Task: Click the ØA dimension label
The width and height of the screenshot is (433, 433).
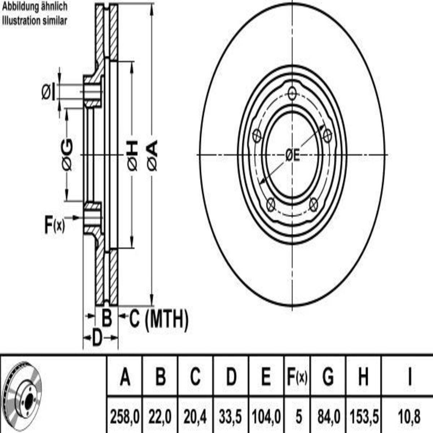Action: click(152, 155)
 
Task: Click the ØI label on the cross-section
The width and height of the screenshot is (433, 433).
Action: click(48, 92)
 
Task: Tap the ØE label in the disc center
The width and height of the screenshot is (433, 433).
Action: click(292, 156)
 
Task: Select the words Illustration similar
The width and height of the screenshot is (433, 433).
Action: click(35, 21)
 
